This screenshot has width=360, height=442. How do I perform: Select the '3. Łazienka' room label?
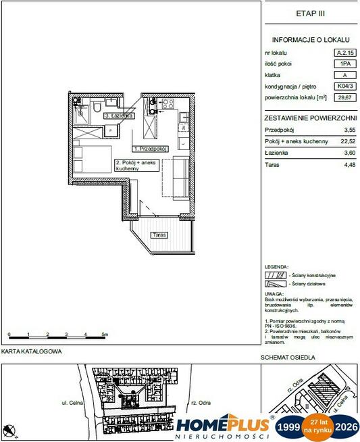pos(120,116)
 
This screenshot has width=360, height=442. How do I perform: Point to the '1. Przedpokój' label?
pos(149,147)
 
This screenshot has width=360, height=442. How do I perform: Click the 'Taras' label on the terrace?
pos(160,235)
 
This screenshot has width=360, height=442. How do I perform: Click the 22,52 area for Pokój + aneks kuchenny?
pos(349,141)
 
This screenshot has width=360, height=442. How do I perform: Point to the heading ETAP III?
pos(309,13)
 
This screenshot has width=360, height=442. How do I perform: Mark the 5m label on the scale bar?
pos(105,335)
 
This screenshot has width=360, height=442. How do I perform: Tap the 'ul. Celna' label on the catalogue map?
pos(72,401)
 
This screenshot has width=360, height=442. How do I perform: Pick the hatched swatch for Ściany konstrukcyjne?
pos(273,276)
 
